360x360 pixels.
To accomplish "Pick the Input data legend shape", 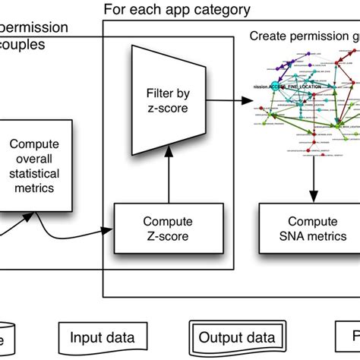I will (x=103, y=338).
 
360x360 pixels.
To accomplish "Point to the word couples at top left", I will (x=24, y=45).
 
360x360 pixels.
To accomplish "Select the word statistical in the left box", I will (x=36, y=173).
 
